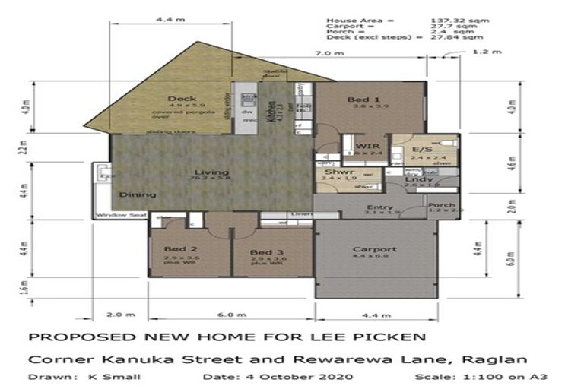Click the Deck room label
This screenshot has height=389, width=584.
click(x=182, y=99)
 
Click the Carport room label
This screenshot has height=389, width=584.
click(x=374, y=249)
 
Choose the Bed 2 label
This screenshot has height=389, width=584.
click(x=182, y=250)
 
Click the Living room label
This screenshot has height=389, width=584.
click(x=202, y=172)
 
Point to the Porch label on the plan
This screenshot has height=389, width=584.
click(x=442, y=205)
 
